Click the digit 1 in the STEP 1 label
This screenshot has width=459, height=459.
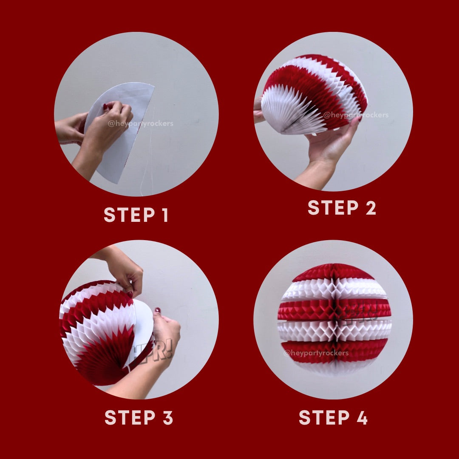click(165, 215)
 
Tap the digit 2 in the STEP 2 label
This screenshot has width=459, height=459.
click(371, 207)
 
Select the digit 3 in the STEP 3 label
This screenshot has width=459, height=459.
click(168, 417)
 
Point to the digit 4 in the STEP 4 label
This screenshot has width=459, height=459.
click(362, 417)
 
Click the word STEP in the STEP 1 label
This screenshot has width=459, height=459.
click(129, 215)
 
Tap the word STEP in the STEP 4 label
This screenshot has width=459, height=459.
click(324, 417)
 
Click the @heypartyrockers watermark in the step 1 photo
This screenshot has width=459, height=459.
click(141, 124)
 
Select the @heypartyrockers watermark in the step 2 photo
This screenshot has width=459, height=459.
click(356, 115)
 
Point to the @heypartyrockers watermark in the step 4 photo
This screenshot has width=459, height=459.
click(316, 353)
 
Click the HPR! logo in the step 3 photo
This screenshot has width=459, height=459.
click(155, 351)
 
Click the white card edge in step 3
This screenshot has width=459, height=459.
click(142, 331)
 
